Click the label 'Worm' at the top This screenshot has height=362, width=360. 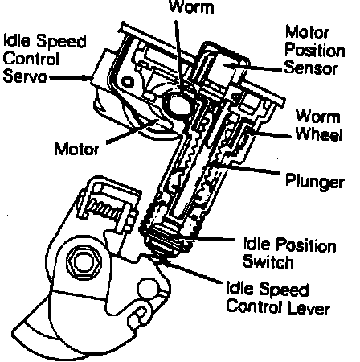pyautogui.click(x=192, y=7)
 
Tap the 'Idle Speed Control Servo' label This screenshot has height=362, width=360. pyautogui.click(x=45, y=58)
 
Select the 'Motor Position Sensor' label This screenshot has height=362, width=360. pyautogui.click(x=315, y=50)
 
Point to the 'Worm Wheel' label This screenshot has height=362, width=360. pyautogui.click(x=319, y=125)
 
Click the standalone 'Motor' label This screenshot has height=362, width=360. pyautogui.click(x=77, y=149)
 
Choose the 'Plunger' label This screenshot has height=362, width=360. pyautogui.click(x=315, y=181)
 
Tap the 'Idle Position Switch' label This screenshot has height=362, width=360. pyautogui.click(x=289, y=253)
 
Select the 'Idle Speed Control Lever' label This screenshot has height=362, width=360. pyautogui.click(x=278, y=298)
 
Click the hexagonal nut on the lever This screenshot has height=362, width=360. pyautogui.click(x=84, y=261)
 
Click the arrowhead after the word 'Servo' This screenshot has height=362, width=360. pyautogui.click(x=88, y=78)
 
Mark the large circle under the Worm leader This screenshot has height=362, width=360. pyautogui.click(x=178, y=104)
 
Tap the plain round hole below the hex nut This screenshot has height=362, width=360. pyautogui.click(x=147, y=288)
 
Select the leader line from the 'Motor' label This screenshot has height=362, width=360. pyautogui.click(x=131, y=132)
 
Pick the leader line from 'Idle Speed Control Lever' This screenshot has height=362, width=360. pyautogui.click(x=194, y=271)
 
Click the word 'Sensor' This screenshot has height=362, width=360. pyautogui.click(x=311, y=68)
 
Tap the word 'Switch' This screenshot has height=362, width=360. pyautogui.click(x=268, y=261)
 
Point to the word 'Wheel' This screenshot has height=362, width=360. pyautogui.click(x=319, y=134)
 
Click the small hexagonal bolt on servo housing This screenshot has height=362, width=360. pyautogui.click(x=128, y=81)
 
